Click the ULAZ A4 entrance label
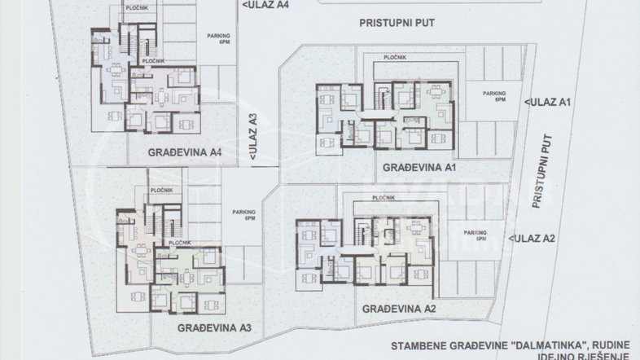click(266, 4)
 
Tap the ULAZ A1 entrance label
click(551, 102)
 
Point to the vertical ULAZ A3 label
click(253, 136)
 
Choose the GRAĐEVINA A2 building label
click(399, 309)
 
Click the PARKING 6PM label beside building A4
click(218, 39)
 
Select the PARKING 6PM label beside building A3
click(243, 216)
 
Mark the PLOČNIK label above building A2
click(384, 198)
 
